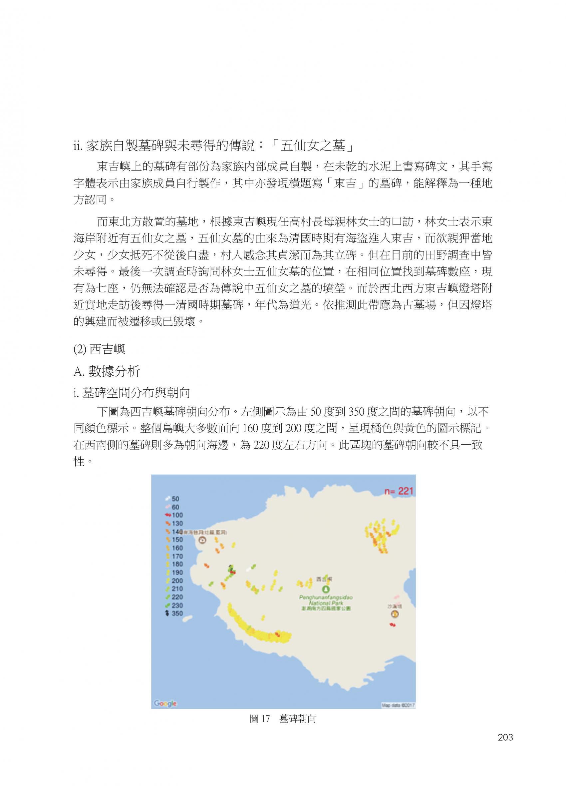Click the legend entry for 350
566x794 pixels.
174,613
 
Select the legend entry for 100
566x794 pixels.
174,515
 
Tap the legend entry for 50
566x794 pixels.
172,499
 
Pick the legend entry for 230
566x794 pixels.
174,605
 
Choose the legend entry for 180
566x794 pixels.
174,564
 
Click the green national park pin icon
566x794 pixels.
326,590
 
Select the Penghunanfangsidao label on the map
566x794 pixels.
326,597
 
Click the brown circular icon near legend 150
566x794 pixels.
202,541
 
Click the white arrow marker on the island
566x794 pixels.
248,570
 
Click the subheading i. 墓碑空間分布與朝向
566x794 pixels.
132,393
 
